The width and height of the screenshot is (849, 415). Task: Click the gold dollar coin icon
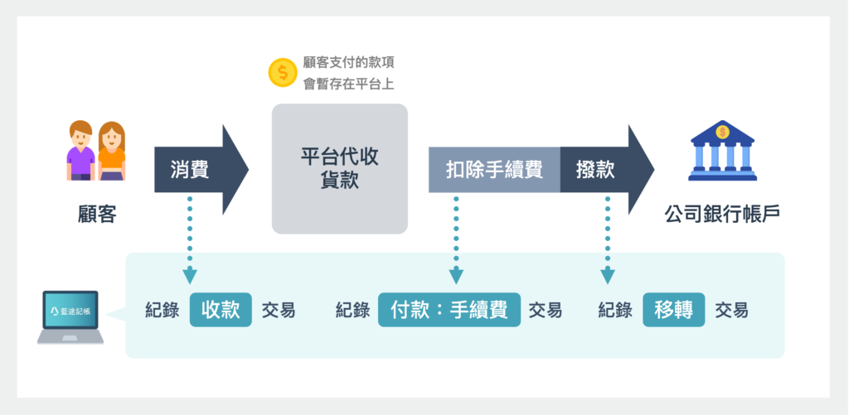(x=283, y=73)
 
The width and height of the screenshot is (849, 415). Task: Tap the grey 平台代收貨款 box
(x=340, y=168)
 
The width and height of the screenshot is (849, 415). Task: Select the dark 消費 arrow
(x=199, y=170)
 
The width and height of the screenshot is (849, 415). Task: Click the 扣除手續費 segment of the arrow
(x=494, y=170)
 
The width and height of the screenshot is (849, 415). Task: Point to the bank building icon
(x=723, y=151)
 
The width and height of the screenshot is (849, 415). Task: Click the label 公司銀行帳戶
(x=722, y=214)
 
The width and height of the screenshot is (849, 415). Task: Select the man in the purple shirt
(x=80, y=151)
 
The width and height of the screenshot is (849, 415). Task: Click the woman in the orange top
(x=111, y=151)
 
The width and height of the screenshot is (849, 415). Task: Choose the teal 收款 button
(x=221, y=310)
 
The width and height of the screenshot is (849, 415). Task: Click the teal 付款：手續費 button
(x=449, y=310)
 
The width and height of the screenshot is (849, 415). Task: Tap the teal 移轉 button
(x=674, y=310)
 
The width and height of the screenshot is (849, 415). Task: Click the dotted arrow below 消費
(x=190, y=240)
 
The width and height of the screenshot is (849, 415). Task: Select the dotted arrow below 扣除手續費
(x=456, y=240)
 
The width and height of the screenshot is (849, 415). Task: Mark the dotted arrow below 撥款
(x=608, y=240)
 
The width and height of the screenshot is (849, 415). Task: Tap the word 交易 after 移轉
(x=731, y=310)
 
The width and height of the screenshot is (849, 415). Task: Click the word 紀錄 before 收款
(x=161, y=310)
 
